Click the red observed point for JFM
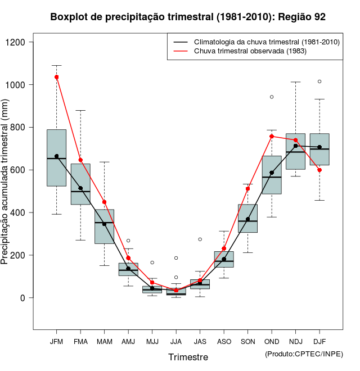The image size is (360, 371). [56, 77]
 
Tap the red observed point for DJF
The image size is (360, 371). [319, 170]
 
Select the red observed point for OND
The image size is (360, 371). [272, 136]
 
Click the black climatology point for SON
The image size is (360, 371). [247, 219]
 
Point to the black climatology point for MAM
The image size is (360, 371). [104, 224]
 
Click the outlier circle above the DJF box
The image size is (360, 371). [319, 82]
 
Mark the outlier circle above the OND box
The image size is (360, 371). [272, 97]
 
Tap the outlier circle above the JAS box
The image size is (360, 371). [200, 239]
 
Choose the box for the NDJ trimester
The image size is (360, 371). [295, 151]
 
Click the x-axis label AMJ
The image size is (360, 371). [128, 341]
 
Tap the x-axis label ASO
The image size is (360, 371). [224, 341]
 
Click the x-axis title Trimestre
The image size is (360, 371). [188, 357]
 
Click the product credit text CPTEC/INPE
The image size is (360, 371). [304, 354]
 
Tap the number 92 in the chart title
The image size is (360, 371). [319, 17]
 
